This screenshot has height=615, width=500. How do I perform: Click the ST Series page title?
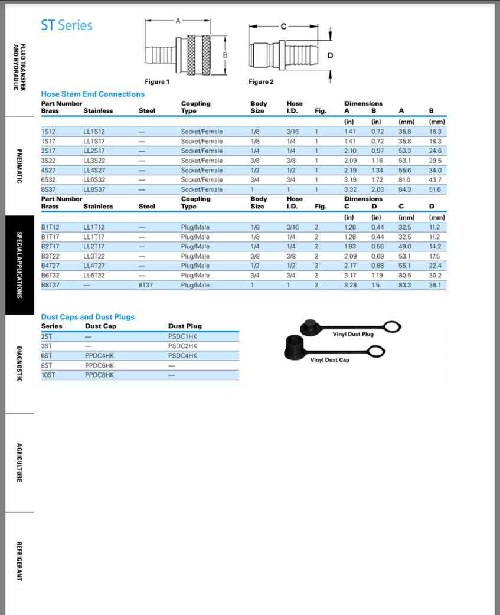point(67,25)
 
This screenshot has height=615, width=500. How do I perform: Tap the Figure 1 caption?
point(157,82)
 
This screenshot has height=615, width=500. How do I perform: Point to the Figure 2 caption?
point(261,82)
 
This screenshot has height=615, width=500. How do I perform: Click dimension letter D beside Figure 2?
point(330,55)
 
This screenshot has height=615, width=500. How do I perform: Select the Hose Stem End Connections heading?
point(93,94)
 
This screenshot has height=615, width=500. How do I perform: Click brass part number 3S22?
point(48,161)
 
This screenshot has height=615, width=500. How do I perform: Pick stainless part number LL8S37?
point(94,189)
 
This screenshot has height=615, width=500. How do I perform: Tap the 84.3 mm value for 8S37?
point(404,189)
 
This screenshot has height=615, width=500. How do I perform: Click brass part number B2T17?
point(50,247)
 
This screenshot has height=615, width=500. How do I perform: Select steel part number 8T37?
point(146,285)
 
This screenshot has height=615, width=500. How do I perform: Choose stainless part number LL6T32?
point(94,276)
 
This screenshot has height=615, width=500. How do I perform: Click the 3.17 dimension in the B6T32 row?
point(350,276)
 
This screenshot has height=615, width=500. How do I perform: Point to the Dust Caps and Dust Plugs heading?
point(87,317)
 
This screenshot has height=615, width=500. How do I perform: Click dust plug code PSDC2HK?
point(182,346)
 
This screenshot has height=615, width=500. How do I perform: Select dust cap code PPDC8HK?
point(99,375)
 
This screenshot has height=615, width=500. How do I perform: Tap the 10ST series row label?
point(48,375)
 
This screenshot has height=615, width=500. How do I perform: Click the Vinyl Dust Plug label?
point(353,334)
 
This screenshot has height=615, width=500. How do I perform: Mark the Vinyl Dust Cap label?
point(329,360)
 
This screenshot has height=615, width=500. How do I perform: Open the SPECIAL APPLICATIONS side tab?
point(19,265)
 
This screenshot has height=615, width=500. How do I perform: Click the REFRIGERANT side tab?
point(19,561)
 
